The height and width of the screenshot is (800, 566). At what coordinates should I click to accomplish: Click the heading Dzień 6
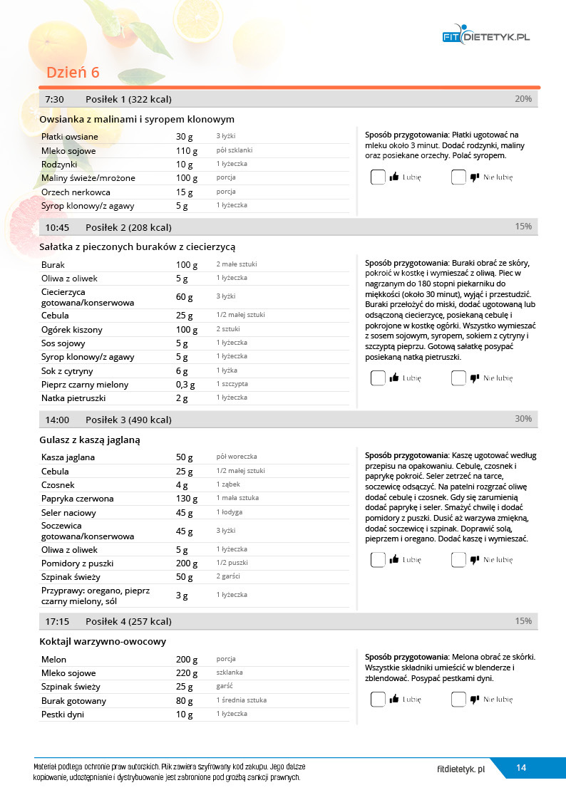pos(73,73)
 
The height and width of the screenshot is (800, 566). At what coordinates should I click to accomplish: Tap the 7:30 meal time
pos(54,99)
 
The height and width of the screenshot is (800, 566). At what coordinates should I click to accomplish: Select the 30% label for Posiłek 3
pos(523,419)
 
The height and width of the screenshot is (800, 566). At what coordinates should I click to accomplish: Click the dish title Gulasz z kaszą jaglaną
pos(90,440)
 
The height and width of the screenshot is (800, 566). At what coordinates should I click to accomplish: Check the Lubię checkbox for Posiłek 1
pos(378,177)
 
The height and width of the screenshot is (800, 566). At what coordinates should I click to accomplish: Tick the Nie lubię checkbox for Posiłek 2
pos(458,378)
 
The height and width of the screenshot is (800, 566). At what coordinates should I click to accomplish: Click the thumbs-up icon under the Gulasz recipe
pos(394,560)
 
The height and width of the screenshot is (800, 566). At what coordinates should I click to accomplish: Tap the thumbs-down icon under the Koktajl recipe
pos(475,700)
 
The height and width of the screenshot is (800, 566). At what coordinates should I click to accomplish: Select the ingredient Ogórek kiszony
pos(72,330)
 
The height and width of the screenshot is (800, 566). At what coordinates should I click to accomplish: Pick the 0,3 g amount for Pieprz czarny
pos(187,385)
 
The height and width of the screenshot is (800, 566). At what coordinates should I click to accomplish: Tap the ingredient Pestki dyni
pos(63,715)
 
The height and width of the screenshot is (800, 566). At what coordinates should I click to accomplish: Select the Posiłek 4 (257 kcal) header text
pos(128,622)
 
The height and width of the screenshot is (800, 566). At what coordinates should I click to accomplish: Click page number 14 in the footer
pos(521,768)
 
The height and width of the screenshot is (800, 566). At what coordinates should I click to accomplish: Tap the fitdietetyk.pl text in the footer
pos(461,769)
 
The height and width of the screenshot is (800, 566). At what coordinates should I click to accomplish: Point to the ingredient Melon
pos(54,660)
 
